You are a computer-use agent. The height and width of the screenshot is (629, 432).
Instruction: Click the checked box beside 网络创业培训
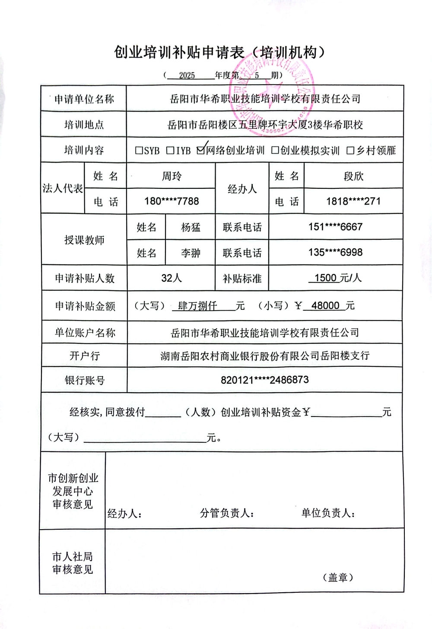(x=200, y=150)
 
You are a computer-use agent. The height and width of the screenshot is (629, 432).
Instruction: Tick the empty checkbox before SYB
(x=139, y=150)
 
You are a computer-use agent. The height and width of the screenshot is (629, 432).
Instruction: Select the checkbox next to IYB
(x=171, y=150)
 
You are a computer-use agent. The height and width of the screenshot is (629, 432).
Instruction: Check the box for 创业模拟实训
(x=275, y=150)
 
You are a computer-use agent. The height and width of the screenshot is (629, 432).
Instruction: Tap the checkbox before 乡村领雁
(x=350, y=150)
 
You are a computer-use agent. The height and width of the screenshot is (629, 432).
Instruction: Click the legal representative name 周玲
(x=172, y=176)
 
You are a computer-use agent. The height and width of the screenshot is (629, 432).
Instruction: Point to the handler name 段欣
(x=353, y=176)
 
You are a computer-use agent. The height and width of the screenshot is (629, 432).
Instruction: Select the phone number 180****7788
(x=172, y=201)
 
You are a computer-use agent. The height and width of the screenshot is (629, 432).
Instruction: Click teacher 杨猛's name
(x=191, y=227)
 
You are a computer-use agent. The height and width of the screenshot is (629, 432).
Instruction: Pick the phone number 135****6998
(x=335, y=252)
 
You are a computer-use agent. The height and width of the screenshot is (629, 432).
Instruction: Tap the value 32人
(x=172, y=278)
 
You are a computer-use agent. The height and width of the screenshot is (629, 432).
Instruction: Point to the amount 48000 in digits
(x=325, y=306)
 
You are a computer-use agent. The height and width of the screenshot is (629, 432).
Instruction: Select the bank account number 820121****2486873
(x=265, y=380)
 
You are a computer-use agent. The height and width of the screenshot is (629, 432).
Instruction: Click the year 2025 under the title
(x=187, y=76)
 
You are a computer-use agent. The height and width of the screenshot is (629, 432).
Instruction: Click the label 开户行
(x=85, y=356)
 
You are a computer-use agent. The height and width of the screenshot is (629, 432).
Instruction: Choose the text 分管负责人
(x=226, y=513)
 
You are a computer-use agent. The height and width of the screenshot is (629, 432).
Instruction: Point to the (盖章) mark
(x=338, y=578)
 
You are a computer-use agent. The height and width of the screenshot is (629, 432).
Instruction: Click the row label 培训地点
(x=84, y=125)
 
